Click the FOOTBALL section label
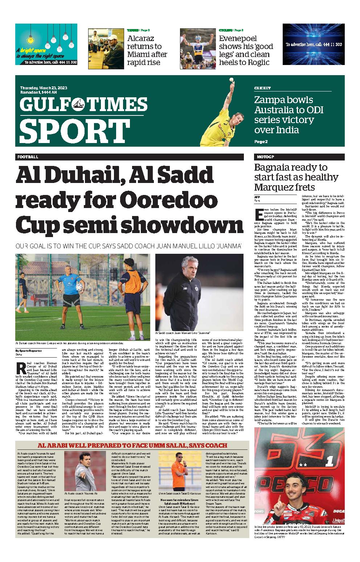pos(27,157)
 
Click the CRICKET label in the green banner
pos(262,88)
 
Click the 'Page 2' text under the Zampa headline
pos(261,142)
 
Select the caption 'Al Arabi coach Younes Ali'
pos(81,494)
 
